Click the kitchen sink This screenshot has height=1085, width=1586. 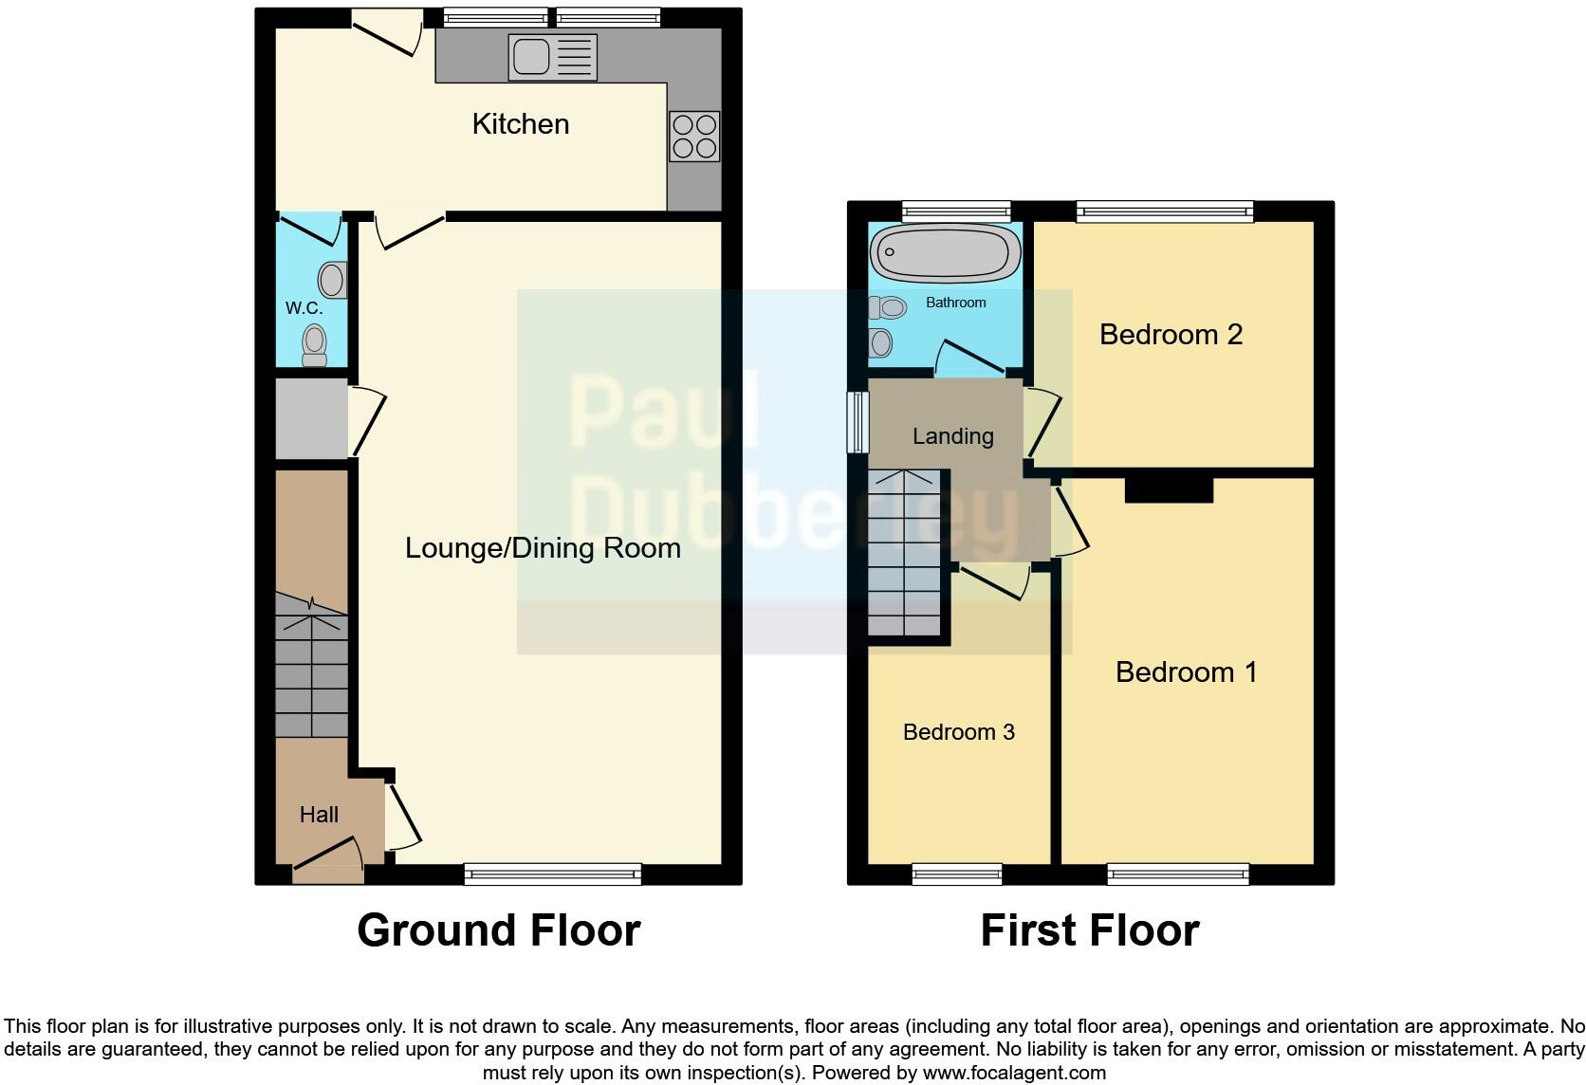tap(552, 57)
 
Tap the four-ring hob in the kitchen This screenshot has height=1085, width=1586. tap(694, 137)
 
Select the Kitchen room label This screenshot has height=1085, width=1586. tap(520, 124)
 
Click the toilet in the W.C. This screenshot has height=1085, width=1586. tap(314, 344)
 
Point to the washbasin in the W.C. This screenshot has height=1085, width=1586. tap(332, 280)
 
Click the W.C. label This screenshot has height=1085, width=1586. tap(304, 308)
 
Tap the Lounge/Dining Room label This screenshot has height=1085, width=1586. tap(543, 548)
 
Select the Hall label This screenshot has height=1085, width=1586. tap(319, 815)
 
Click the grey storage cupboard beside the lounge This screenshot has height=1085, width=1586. tap(311, 418)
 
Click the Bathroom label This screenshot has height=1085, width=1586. tap(955, 303)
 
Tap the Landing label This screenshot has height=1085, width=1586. tap(952, 436)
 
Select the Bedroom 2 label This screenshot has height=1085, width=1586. tap(1171, 335)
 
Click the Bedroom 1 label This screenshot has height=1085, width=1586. tap(1186, 672)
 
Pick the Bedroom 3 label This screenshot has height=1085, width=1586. tap(958, 732)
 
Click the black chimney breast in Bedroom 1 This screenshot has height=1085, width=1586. tap(1169, 489)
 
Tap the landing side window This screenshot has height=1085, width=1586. tap(858, 422)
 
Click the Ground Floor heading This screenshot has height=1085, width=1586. tap(498, 930)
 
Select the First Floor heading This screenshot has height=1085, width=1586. tap(1089, 930)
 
